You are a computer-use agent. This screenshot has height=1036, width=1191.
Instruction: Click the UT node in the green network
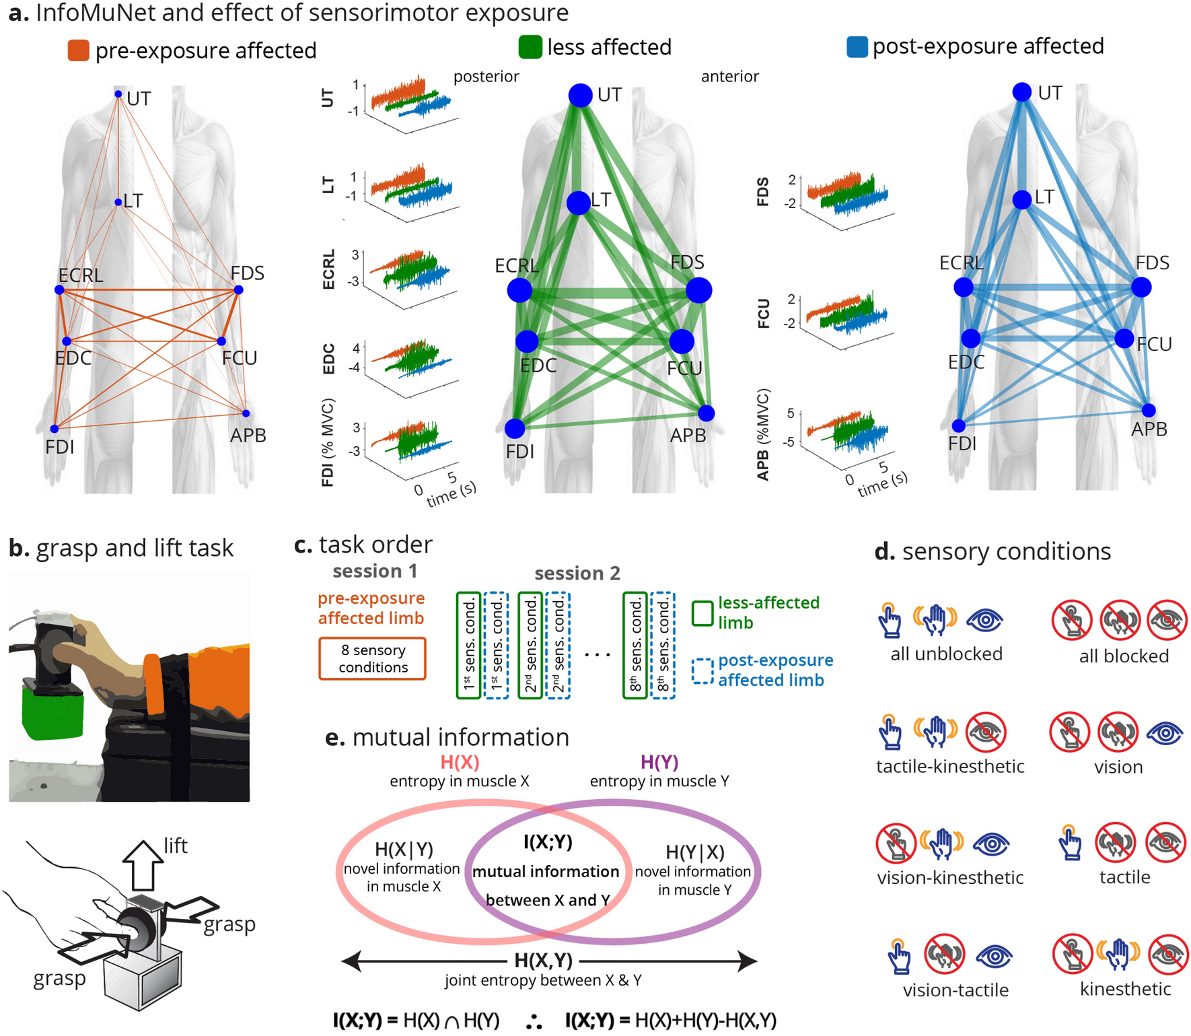click(580, 95)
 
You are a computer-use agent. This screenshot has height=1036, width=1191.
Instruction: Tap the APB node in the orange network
click(246, 413)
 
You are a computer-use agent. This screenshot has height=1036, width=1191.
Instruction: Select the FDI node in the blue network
click(959, 425)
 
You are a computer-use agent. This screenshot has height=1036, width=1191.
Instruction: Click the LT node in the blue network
click(1021, 200)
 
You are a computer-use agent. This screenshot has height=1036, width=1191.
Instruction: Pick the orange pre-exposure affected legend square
click(78, 50)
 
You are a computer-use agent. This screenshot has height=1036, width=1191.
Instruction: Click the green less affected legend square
click(530, 47)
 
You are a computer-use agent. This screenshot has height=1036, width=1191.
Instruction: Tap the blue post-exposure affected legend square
click(857, 47)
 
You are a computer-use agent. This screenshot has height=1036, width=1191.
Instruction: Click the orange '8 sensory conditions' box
click(372, 658)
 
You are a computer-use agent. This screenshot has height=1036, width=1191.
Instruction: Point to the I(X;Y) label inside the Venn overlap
click(548, 841)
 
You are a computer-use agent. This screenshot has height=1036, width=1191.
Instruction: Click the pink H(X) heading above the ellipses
click(460, 762)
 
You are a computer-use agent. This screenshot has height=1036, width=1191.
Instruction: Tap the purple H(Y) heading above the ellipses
click(659, 762)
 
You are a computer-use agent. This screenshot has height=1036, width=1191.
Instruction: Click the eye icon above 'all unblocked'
click(984, 620)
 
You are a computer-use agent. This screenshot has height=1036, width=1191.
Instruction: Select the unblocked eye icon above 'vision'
click(1165, 732)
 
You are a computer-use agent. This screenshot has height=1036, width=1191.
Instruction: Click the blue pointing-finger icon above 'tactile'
click(1070, 843)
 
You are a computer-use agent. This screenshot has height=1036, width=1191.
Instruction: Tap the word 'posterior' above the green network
click(486, 76)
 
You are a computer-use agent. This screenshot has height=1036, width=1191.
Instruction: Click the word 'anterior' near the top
click(729, 76)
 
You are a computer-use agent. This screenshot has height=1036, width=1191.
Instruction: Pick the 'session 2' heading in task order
click(577, 573)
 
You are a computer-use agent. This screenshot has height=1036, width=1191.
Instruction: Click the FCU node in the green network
click(682, 341)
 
